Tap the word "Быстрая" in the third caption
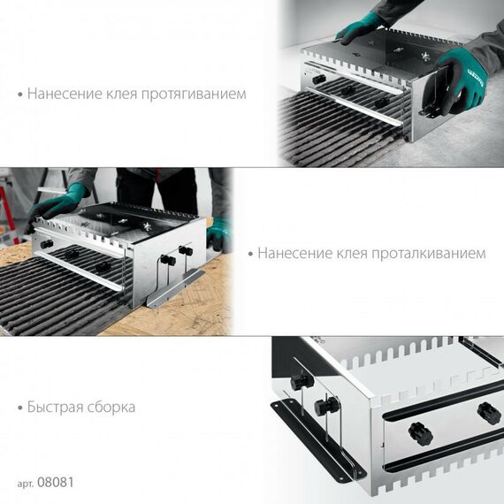pyautogui.click(x=55, y=408)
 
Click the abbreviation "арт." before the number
pyautogui.click(x=26, y=485)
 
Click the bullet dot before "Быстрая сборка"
pyautogui.click(x=19, y=409)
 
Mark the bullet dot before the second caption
pyautogui.click(x=250, y=254)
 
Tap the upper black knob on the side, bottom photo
pyautogui.click(x=301, y=382)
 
